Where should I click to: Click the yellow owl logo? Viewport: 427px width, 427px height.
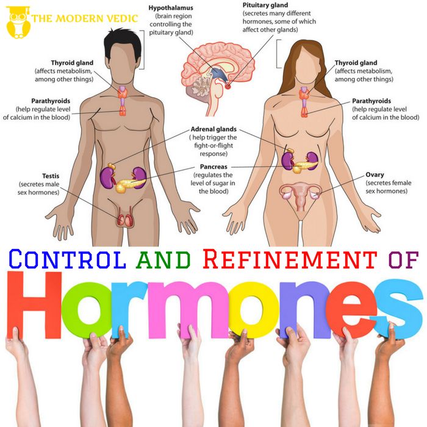pyautogui.click(x=18, y=23)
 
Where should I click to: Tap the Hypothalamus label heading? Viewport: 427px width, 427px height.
pyautogui.click(x=171, y=8)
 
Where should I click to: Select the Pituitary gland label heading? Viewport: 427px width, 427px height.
pyautogui.click(x=265, y=5)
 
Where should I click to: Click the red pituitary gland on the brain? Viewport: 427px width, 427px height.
pyautogui.click(x=228, y=87)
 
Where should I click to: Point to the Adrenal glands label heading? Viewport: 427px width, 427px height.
pyautogui.click(x=213, y=129)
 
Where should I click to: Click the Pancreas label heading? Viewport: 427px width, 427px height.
pyautogui.click(x=213, y=167)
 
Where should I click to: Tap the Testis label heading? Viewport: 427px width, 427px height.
pyautogui.click(x=51, y=176)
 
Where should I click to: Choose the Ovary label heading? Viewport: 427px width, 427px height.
pyautogui.click(x=375, y=174)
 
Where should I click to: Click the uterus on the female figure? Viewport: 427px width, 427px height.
pyautogui.click(x=300, y=196)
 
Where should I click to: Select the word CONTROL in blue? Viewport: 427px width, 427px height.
pyautogui.click(x=68, y=259)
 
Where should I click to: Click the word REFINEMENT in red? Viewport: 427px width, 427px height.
pyautogui.click(x=290, y=259)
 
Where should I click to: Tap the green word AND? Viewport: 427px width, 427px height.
pyautogui.click(x=163, y=259)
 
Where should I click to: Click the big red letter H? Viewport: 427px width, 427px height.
pyautogui.click(x=34, y=305)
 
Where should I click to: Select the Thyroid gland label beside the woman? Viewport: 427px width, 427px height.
pyautogui.click(x=356, y=63)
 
